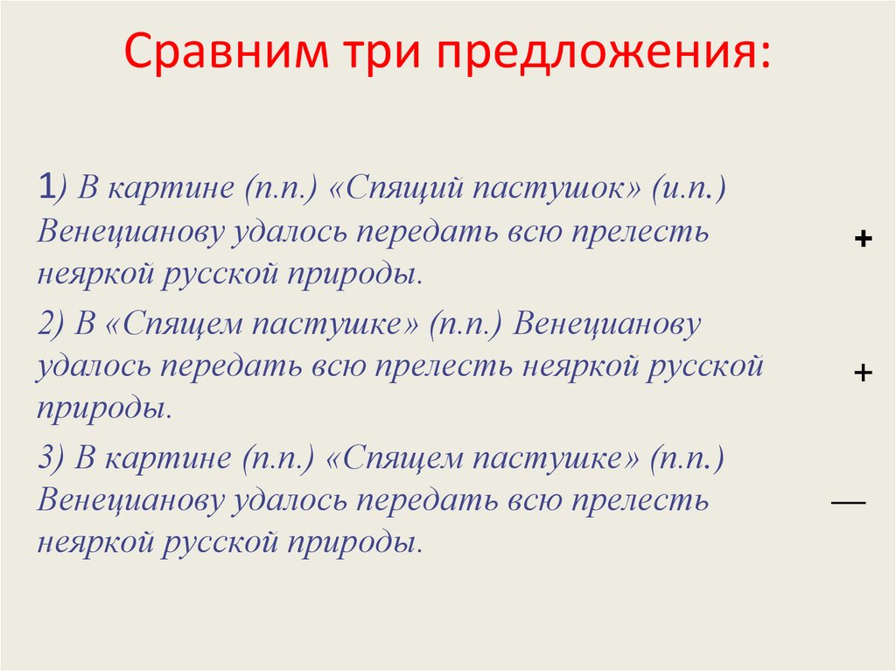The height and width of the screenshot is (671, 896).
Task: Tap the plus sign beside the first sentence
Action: (862, 239)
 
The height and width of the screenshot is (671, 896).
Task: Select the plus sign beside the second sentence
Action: (862, 373)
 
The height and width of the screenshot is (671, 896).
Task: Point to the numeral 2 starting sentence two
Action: (45, 325)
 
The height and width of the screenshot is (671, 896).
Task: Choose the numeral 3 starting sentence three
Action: (45, 458)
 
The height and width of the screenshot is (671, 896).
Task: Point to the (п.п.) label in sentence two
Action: (465, 325)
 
